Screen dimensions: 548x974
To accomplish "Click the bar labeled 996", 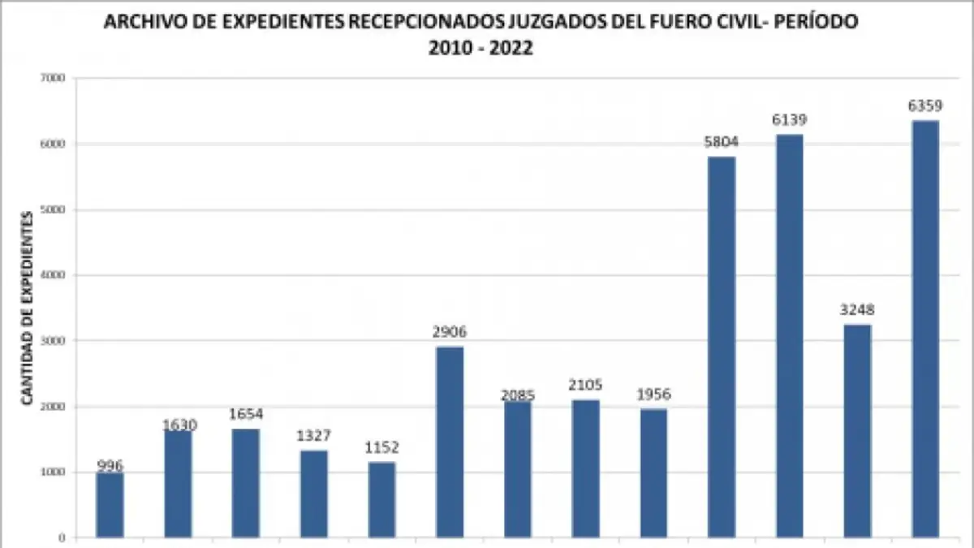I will pyautogui.click(x=110, y=505).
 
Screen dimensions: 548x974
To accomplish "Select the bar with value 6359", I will pyautogui.click(x=925, y=329).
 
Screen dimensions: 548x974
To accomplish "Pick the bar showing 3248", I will pyautogui.click(x=857, y=431).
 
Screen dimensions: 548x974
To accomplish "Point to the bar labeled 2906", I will pyautogui.click(x=450, y=442).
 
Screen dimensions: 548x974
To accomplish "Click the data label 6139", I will pyautogui.click(x=790, y=121).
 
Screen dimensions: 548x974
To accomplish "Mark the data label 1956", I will pyautogui.click(x=653, y=395).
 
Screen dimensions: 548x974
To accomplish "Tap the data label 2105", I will pyautogui.click(x=585, y=386).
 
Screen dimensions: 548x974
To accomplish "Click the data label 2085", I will pyautogui.click(x=517, y=395).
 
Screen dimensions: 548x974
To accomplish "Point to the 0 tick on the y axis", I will pyautogui.click(x=62, y=537).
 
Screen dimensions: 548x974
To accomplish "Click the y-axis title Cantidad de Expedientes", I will pyautogui.click(x=26, y=308).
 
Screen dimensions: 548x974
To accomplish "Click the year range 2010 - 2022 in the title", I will pyautogui.click(x=481, y=48).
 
